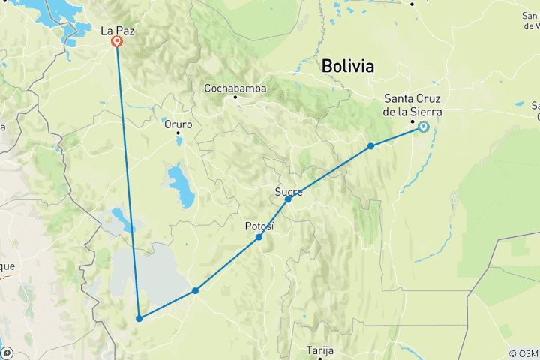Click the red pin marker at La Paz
117,42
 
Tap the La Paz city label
117,31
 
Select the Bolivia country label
347,66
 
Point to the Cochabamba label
235,88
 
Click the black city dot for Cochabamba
235,97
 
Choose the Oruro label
178,124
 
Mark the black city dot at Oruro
178,133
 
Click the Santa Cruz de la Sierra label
412,105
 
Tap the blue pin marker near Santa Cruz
424,127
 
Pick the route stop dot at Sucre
288,199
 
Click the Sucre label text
289,192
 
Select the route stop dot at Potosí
259,237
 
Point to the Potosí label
260,226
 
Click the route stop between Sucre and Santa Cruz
371,146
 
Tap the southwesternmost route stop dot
139,319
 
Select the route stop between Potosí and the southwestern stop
195,291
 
